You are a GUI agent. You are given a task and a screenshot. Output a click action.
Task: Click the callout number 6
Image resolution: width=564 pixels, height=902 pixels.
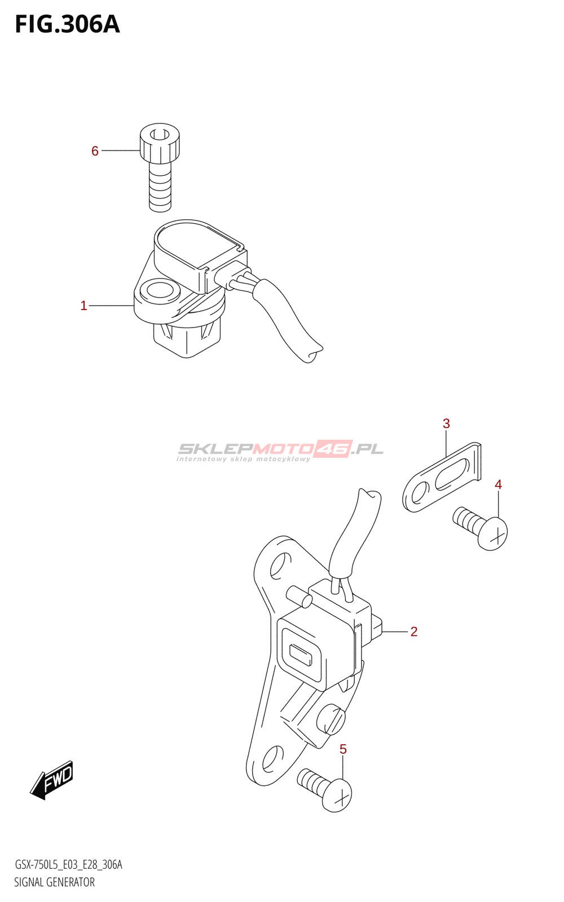pyautogui.click(x=95, y=151)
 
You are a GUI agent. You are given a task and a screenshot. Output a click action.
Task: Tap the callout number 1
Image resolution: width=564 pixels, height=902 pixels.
pyautogui.click(x=83, y=306)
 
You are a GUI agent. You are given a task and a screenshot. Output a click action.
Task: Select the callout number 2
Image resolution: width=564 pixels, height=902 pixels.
pyautogui.click(x=414, y=632)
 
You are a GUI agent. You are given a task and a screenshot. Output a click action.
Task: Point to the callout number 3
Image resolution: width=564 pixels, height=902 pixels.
pyautogui.click(x=446, y=423)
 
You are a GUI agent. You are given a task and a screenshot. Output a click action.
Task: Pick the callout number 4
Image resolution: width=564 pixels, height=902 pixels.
pyautogui.click(x=498, y=484)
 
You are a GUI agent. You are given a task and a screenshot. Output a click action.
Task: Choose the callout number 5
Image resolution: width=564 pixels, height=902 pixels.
pyautogui.click(x=343, y=749)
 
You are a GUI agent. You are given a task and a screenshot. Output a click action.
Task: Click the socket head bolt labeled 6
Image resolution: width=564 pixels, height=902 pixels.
pyautogui.click(x=160, y=166)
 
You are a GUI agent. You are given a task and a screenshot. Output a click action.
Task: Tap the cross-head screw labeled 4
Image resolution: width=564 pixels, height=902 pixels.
pyautogui.click(x=483, y=527)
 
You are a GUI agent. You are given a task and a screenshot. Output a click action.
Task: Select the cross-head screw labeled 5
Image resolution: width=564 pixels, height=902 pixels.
pyautogui.click(x=327, y=789)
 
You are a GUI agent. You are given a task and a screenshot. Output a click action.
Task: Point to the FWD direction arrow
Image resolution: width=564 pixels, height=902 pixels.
pyautogui.click(x=52, y=780)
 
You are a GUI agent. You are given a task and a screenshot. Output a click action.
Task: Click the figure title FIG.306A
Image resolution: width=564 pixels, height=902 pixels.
pyautogui.click(x=67, y=24)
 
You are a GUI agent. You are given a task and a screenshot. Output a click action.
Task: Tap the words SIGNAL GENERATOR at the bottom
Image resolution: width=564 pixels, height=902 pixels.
pyautogui.click(x=54, y=882)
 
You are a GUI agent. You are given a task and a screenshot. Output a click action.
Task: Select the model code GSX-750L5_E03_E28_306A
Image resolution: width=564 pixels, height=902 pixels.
pyautogui.click(x=68, y=865)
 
